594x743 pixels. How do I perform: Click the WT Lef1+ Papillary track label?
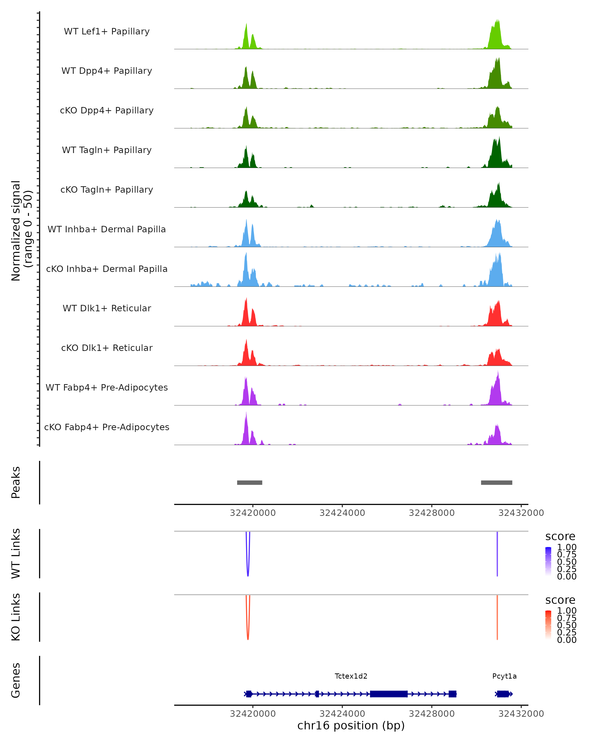[x=107, y=31]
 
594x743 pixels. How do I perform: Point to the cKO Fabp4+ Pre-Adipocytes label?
[x=107, y=427]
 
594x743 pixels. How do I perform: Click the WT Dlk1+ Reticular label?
[x=107, y=308]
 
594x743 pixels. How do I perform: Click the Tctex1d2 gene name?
[x=351, y=676]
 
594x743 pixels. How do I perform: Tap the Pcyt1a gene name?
[x=504, y=676]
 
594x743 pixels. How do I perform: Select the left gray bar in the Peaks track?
[x=250, y=482]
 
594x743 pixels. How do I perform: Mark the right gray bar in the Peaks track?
[x=496, y=482]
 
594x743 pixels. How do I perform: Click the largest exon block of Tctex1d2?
[x=389, y=694]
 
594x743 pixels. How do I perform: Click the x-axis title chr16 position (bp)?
[x=351, y=726]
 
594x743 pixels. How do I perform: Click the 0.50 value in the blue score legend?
[x=567, y=562]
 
